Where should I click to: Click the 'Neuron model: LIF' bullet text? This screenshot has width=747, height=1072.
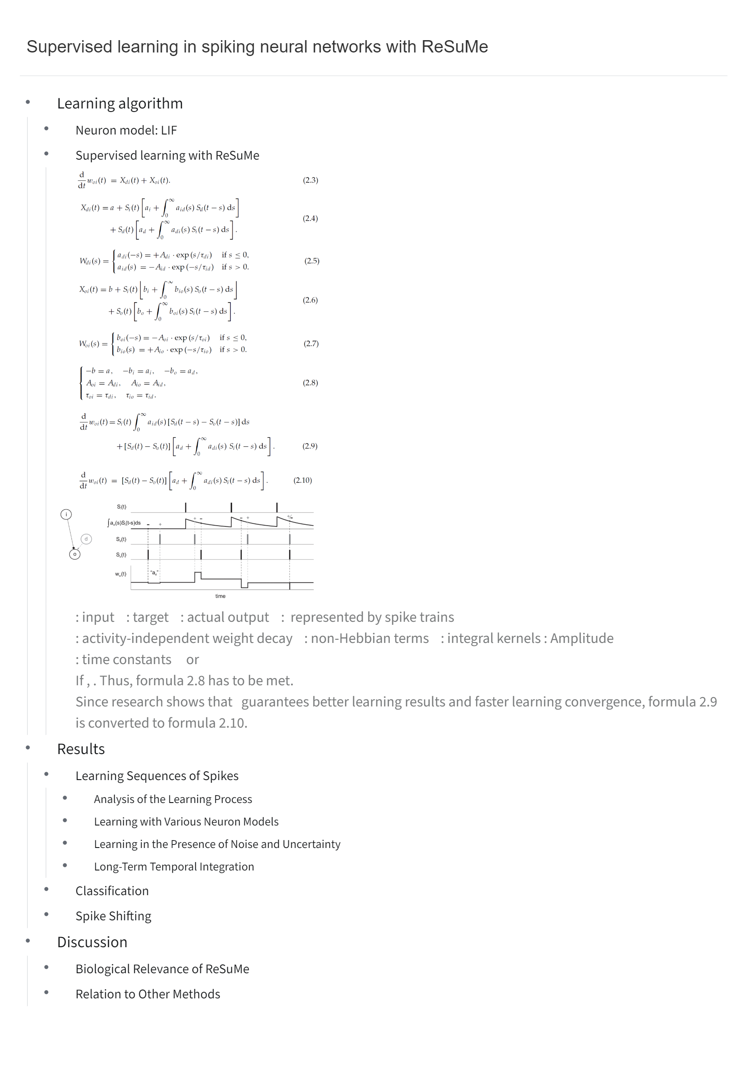(126, 130)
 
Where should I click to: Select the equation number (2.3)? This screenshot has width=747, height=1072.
(310, 180)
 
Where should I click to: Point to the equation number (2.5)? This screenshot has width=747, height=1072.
(312, 261)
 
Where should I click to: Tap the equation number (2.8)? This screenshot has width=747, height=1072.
(310, 383)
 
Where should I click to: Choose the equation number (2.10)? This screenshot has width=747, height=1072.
(302, 481)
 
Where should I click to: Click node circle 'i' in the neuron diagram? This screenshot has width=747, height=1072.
(66, 515)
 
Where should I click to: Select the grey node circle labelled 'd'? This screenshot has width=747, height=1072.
(86, 539)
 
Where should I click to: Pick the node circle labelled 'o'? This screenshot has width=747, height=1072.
(75, 555)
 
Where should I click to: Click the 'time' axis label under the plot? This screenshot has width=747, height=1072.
(220, 596)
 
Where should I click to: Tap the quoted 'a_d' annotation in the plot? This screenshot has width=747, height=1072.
(154, 573)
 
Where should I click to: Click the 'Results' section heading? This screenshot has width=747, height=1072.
(81, 749)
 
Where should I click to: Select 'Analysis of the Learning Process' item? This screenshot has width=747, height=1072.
(173, 799)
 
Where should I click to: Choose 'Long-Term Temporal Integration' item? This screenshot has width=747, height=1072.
(174, 867)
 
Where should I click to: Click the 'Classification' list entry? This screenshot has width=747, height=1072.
(112, 891)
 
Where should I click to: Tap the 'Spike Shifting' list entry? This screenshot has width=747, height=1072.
(113, 916)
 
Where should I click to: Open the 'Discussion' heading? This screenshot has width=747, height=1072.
(92, 942)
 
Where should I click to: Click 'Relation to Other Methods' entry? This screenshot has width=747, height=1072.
(148, 994)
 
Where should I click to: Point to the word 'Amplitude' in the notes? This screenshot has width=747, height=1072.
(582, 638)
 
